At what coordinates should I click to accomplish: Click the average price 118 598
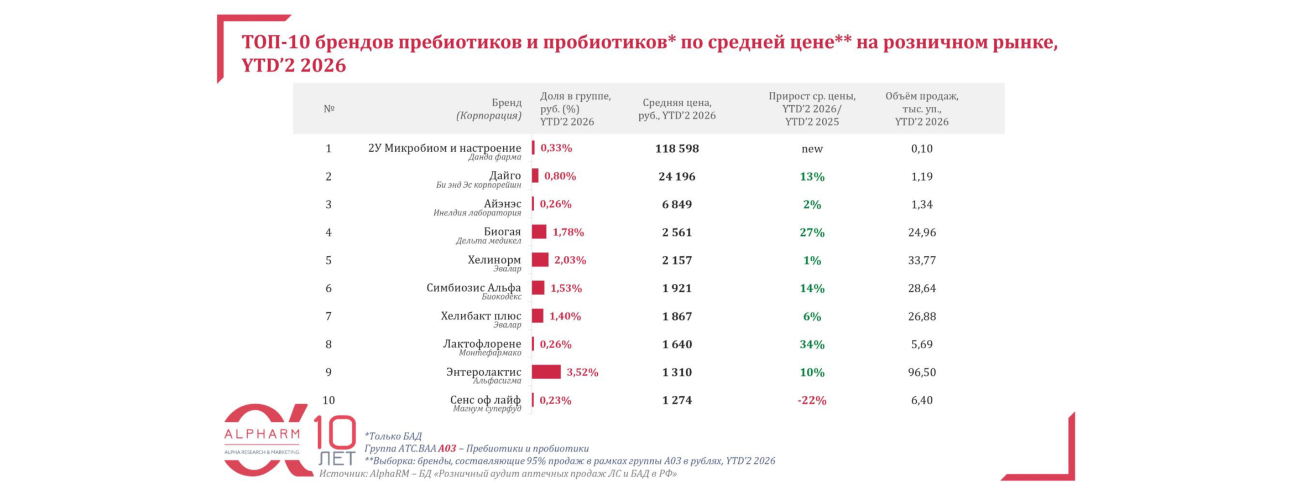pyautogui.click(x=677, y=148)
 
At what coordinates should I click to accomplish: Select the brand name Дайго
pyautogui.click(x=505, y=175)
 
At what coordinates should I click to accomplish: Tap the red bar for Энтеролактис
pyautogui.click(x=546, y=372)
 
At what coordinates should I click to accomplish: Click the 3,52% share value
pyautogui.click(x=582, y=372)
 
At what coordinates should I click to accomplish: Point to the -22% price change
pyautogui.click(x=811, y=400)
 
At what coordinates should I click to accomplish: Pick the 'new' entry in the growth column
pyautogui.click(x=812, y=148)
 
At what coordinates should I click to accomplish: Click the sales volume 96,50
pyautogui.click(x=921, y=372)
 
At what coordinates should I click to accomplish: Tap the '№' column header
pyautogui.click(x=329, y=108)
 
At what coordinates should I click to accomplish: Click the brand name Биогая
pyautogui.click(x=502, y=231)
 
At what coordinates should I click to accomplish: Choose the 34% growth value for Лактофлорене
pyautogui.click(x=812, y=344)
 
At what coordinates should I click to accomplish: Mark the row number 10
pyautogui.click(x=328, y=400)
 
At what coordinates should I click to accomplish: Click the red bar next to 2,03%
pyautogui.click(x=540, y=260)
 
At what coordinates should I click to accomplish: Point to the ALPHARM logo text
pyautogui.click(x=262, y=435)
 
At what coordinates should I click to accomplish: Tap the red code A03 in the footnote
pyautogui.click(x=447, y=448)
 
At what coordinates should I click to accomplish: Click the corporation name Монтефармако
pyautogui.click(x=490, y=353)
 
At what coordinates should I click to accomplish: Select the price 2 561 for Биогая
pyautogui.click(x=677, y=232)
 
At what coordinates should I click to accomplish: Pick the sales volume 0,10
pyautogui.click(x=921, y=148)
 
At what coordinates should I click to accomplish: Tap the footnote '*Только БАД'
pyautogui.click(x=393, y=436)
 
